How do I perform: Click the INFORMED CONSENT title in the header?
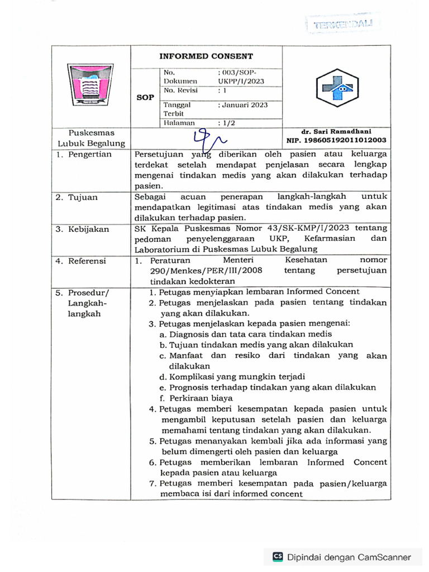click(206, 56)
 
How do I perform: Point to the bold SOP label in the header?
click(145, 97)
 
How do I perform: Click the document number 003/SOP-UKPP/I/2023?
click(240, 77)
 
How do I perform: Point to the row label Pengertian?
click(89, 154)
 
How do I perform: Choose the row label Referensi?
click(88, 260)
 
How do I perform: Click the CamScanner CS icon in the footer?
click(278, 556)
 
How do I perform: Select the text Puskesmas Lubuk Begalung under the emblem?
click(91, 138)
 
